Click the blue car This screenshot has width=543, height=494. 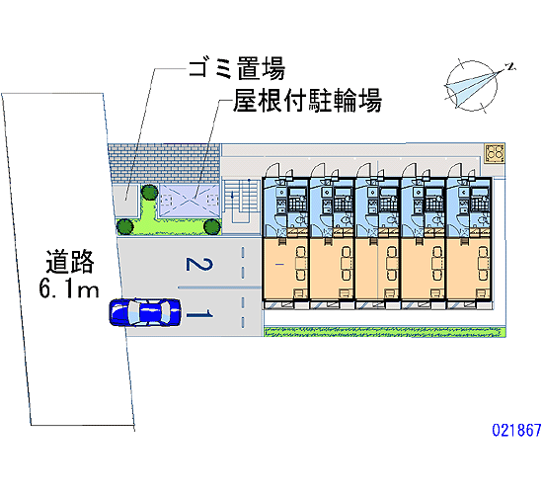[x=145, y=312]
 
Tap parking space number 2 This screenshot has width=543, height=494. [x=199, y=264]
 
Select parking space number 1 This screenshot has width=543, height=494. [x=199, y=315]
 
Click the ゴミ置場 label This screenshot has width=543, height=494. [x=237, y=68]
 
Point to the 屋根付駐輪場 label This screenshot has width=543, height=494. [x=307, y=101]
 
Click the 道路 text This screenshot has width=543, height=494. [x=70, y=262]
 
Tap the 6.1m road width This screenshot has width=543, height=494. [x=69, y=288]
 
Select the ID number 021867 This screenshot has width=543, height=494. [x=516, y=430]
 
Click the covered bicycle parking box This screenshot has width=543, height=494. [x=190, y=202]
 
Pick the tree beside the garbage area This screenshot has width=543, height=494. [x=150, y=193]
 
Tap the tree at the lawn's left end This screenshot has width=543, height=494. [x=124, y=226]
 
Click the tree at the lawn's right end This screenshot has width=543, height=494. [x=212, y=226]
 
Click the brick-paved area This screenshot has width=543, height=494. [x=164, y=164]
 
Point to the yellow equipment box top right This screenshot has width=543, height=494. [x=495, y=153]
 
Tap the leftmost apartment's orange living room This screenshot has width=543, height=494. [x=285, y=269]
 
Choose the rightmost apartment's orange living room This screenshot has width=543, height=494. [x=468, y=269]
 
